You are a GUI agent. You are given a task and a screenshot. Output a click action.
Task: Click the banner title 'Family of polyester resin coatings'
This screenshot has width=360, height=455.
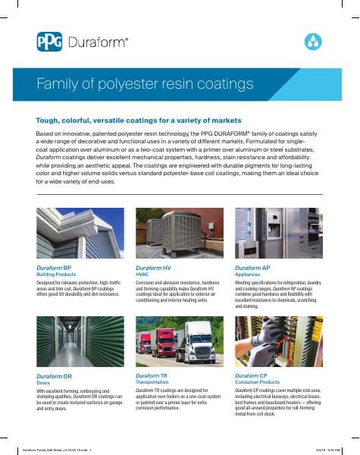tap(145, 83)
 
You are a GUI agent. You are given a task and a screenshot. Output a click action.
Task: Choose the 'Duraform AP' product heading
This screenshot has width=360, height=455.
tap(253, 268)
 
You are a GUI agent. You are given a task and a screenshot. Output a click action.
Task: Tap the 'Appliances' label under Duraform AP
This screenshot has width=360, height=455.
tap(247, 275)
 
